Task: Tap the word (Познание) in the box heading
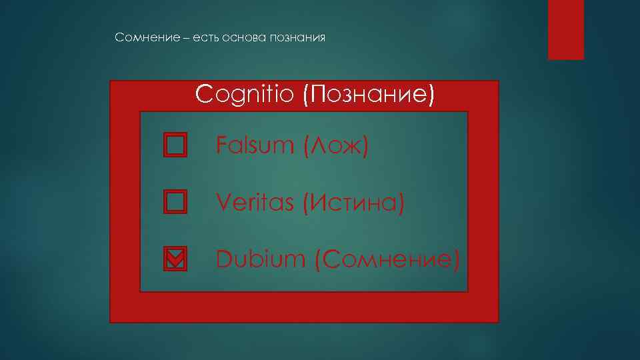368,95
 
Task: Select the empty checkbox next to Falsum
175,144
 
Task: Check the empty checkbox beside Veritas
175,201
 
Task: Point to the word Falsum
255,145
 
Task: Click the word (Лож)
335,145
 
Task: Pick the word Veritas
255,202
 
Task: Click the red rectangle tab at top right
565,29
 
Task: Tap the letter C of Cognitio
203,95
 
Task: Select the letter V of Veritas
223,202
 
